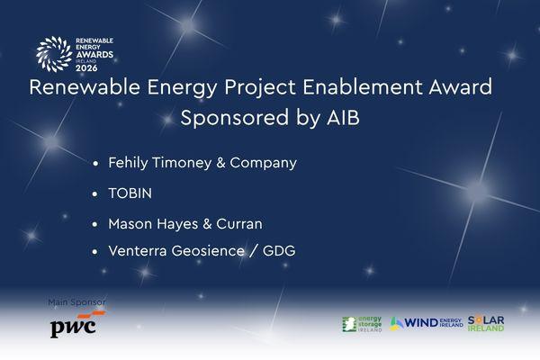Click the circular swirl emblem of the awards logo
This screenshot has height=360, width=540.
point(54,54)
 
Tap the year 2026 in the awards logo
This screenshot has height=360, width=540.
point(86,67)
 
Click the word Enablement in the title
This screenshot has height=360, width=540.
point(363,86)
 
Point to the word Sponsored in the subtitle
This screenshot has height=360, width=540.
point(235,118)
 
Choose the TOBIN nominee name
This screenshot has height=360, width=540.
point(130,193)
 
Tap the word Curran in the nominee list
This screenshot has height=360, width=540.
point(239,224)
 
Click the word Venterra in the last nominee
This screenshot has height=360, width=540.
point(138,251)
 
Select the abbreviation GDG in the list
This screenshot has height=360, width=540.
point(279,251)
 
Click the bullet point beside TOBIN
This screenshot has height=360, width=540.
point(95,194)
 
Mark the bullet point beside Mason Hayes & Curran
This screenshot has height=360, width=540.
point(95,225)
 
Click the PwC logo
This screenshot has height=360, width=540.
point(75,324)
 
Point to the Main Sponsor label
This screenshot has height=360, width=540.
point(76,302)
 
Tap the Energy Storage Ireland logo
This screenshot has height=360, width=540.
point(362,324)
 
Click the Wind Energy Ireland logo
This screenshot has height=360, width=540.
point(427,323)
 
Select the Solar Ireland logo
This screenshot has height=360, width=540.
point(486,323)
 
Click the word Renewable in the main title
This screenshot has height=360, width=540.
point(85,86)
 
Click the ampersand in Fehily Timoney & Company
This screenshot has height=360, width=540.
point(220,163)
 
